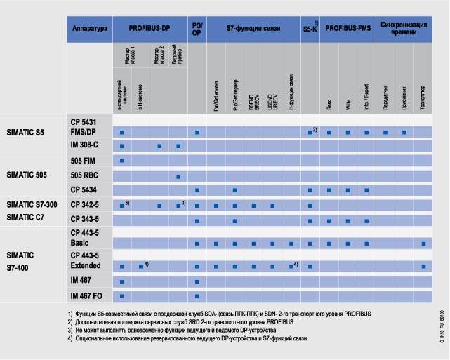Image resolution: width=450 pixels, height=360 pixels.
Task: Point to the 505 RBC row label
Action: [x=84, y=175]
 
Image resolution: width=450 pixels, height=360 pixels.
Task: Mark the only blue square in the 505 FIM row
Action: [x=122, y=161]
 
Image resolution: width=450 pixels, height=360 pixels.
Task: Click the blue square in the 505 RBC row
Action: [x=179, y=176]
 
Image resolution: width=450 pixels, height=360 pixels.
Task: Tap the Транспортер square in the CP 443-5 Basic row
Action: [x=423, y=244]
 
